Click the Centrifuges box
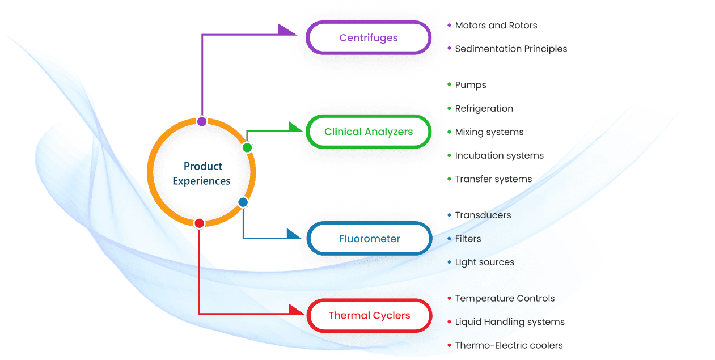pyautogui.click(x=369, y=38)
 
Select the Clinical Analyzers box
pyautogui.click(x=369, y=132)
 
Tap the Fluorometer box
pyautogui.click(x=369, y=239)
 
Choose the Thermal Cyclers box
pyautogui.click(x=369, y=315)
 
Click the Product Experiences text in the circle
pyautogui.click(x=202, y=173)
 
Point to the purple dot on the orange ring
pyautogui.click(x=202, y=121)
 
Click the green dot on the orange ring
pyautogui.click(x=247, y=147)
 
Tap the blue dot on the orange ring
pyautogui.click(x=243, y=202)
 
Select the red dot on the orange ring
pyautogui.click(x=199, y=223)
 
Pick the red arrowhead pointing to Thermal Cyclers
pyautogui.click(x=296, y=311)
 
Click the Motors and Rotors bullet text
pyautogui.click(x=496, y=26)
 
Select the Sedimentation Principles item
pyautogui.click(x=511, y=49)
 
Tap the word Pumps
pyautogui.click(x=471, y=85)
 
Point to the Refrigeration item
pyautogui.click(x=484, y=108)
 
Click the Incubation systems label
pyautogui.click(x=499, y=155)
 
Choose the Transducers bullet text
pyautogui.click(x=483, y=215)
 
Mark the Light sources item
pyautogui.click(x=485, y=262)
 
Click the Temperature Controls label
pyautogui.click(x=505, y=298)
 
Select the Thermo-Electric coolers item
pyautogui.click(x=509, y=345)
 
